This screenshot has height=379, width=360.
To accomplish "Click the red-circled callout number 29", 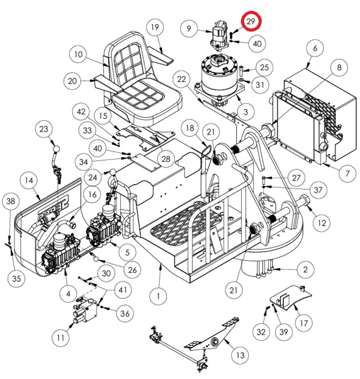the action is pyautogui.click(x=251, y=21).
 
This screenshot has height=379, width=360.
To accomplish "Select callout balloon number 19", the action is pyautogui.click(x=155, y=27).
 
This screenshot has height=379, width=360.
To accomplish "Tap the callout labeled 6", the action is pyautogui.click(x=314, y=48).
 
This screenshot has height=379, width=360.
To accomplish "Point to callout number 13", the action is pyautogui.click(x=240, y=355).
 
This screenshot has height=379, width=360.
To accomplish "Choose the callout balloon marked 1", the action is pyautogui.click(x=158, y=296).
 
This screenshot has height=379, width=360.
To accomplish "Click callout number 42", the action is pyautogui.click(x=81, y=112).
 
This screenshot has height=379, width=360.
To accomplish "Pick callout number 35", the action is pyautogui.click(x=16, y=278).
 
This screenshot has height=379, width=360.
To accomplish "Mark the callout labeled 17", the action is pyautogui.click(x=304, y=323).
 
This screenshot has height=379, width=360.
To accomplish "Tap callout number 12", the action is pyautogui.click(x=322, y=223).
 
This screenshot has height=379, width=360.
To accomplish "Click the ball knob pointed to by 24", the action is pyautogui.click(x=113, y=173).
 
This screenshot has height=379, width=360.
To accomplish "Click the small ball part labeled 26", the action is pyautogui.click(x=96, y=260).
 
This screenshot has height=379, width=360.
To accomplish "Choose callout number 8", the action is pyautogui.click(x=339, y=67).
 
